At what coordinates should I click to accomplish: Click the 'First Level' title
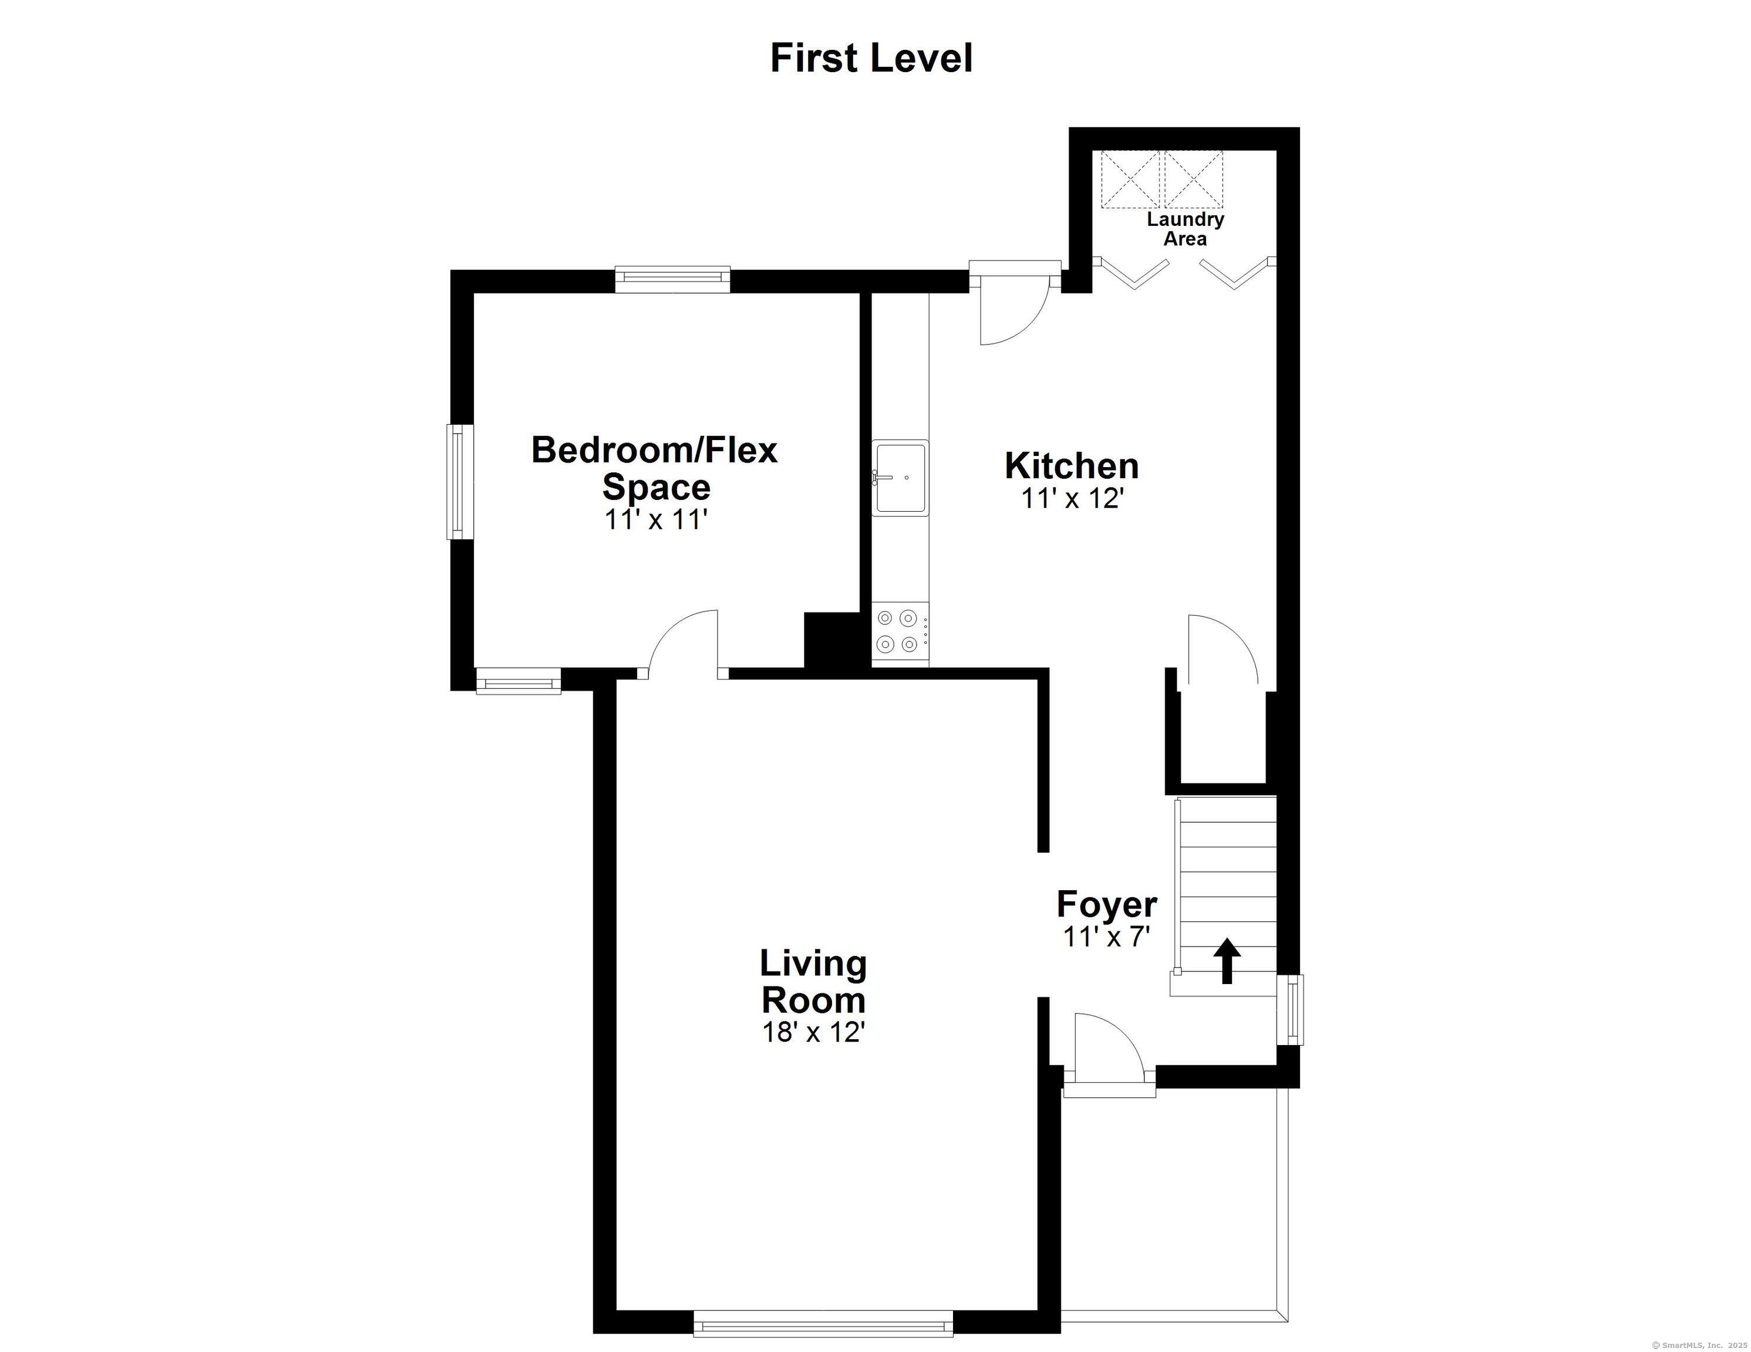click(871, 59)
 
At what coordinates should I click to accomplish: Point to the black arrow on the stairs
click(1226, 960)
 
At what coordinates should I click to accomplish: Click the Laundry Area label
click(1185, 228)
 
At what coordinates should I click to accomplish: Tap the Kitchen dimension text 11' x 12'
click(1073, 498)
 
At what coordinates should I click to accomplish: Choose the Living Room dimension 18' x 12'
click(813, 1032)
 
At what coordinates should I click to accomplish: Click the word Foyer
click(1106, 904)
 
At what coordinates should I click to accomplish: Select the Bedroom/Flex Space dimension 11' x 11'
click(656, 520)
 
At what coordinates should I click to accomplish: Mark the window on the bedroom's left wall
click(456, 482)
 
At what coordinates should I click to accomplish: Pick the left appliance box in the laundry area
click(1130, 180)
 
